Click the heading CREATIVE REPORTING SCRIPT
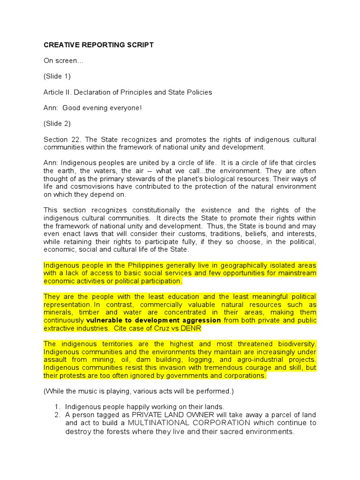(x=98, y=45)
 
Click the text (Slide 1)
(x=57, y=76)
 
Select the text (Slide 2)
(x=57, y=124)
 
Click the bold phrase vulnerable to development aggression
(x=154, y=321)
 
